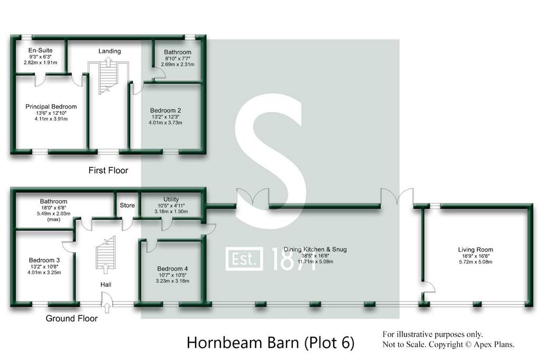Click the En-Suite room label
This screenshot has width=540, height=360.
coord(40,50)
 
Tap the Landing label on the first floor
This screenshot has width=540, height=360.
coord(110,51)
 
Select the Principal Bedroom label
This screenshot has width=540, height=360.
coord(51,106)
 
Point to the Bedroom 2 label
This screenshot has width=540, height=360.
coord(165,111)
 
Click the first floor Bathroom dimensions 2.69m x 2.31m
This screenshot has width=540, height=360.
coord(177,64)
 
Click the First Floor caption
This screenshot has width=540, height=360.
coord(108,170)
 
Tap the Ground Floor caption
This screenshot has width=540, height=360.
coord(72,318)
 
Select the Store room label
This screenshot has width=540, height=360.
coord(127,205)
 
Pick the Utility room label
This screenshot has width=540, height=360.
coord(171,199)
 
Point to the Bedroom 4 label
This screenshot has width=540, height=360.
coord(172,268)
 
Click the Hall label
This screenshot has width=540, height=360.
coord(105,285)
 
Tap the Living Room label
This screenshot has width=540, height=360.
coord(475,249)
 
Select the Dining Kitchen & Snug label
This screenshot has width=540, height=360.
coord(315,249)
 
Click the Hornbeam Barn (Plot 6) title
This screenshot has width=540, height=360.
coord(271,343)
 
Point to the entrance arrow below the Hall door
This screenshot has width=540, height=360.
coord(107,308)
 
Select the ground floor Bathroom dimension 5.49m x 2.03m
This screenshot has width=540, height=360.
coord(53,213)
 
